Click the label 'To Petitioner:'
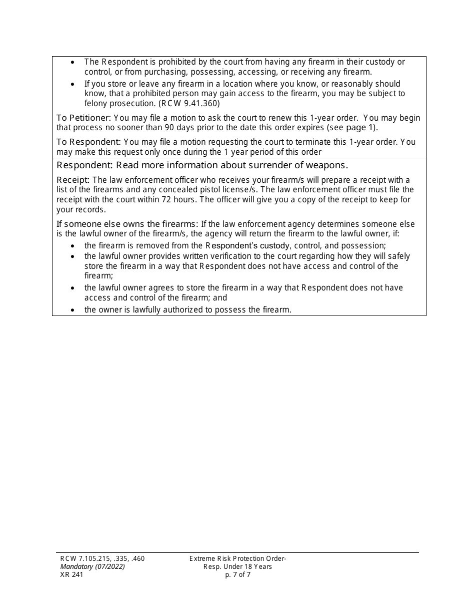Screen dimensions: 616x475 click(83, 118)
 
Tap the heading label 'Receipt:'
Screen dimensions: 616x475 click(73, 180)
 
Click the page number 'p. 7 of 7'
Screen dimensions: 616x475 click(237, 575)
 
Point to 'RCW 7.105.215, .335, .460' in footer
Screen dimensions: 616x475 click(102, 559)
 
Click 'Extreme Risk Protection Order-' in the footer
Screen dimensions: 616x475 click(237, 559)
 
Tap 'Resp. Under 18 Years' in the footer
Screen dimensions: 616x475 click(237, 567)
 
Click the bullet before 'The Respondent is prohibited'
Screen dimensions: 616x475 click(73, 62)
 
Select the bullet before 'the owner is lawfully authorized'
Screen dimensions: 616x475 click(73, 310)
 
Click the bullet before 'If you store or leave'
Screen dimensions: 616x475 click(73, 84)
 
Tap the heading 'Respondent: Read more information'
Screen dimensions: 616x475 click(202, 165)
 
